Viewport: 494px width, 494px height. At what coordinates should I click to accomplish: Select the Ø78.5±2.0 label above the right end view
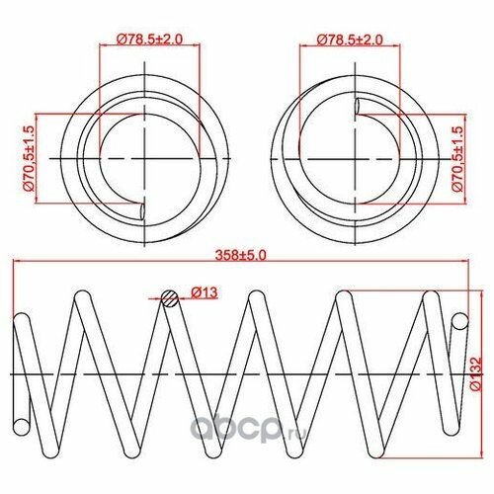point(347,39)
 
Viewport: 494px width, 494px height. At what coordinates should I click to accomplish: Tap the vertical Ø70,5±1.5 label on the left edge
point(28,158)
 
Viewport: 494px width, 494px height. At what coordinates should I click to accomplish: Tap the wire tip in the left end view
point(145,208)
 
